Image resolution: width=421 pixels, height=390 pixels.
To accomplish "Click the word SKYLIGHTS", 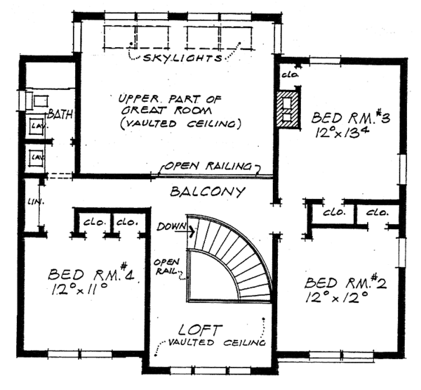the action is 183,58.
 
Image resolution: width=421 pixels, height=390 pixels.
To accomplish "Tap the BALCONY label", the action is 208,192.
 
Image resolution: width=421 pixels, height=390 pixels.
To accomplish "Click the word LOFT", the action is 201,330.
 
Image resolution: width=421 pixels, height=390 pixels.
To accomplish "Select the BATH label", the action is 60,115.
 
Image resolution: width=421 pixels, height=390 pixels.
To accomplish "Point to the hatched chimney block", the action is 288,110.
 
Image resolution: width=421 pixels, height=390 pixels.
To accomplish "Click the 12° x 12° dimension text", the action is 336,297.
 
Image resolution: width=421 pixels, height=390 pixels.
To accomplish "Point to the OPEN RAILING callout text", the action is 208,167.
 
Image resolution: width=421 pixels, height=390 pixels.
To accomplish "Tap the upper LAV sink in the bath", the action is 36,125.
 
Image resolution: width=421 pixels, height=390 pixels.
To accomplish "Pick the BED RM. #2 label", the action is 345,282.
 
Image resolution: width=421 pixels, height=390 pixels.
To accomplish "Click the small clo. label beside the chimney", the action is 290,74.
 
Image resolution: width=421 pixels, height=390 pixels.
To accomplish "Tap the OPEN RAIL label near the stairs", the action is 166,266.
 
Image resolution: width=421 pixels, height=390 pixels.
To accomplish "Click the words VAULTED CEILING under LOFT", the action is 217,342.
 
